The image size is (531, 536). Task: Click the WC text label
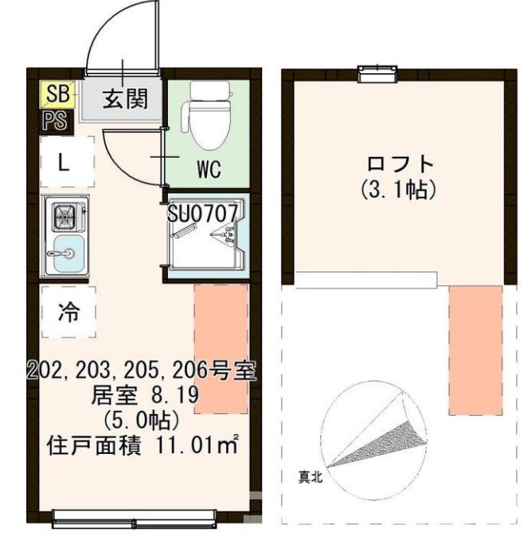pos(209,170)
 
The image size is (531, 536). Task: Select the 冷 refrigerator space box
pos(68,312)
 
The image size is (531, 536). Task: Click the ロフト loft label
pos(400,165)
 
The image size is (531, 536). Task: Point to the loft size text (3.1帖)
pos(400,191)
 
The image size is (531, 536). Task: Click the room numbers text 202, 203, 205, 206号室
pos(142,370)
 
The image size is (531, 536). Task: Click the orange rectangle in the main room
pos(221,348)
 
